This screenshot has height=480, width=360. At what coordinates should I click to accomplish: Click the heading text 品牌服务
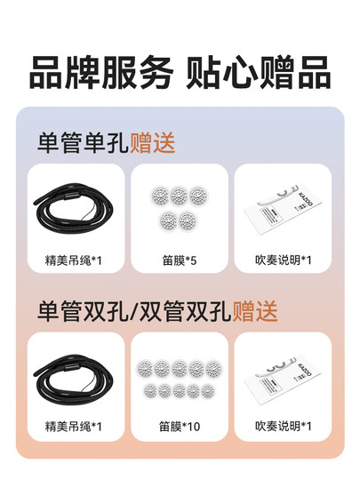pos(100,73)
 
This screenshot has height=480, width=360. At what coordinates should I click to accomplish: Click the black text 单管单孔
pos(83,142)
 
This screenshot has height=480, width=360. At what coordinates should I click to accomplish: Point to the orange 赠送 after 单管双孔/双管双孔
pos(255,311)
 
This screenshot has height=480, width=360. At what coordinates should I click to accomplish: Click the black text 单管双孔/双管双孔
pos(134,311)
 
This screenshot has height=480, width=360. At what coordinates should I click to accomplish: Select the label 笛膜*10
pos(180,427)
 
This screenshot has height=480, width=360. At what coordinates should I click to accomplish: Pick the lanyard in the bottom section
pos(76,378)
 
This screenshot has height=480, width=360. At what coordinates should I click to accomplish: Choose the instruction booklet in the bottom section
pos(283,379)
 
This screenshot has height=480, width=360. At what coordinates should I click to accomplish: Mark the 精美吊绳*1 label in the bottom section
pos(76,427)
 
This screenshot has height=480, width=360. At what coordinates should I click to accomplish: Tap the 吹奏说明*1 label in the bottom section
pos(283,427)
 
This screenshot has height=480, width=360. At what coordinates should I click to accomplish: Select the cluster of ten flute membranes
pos(180,378)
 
